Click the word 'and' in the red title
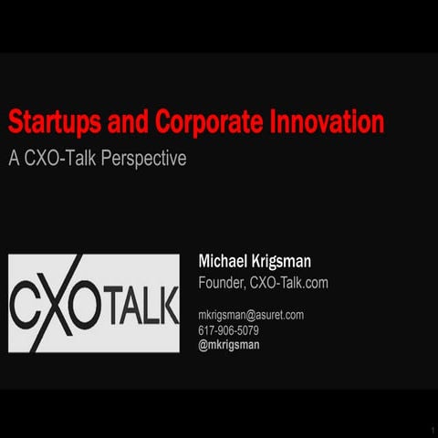pyautogui.click(x=126, y=123)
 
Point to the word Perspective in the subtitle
pyautogui.click(x=148, y=158)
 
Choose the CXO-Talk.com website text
pyautogui.click(x=288, y=283)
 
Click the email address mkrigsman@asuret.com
pyautogui.click(x=251, y=315)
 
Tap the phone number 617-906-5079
pyautogui.click(x=228, y=330)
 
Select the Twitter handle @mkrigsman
pyautogui.click(x=229, y=346)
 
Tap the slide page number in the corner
pyautogui.click(x=431, y=429)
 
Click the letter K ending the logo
pyautogui.click(x=169, y=306)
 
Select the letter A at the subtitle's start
pyautogui.click(x=14, y=158)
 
